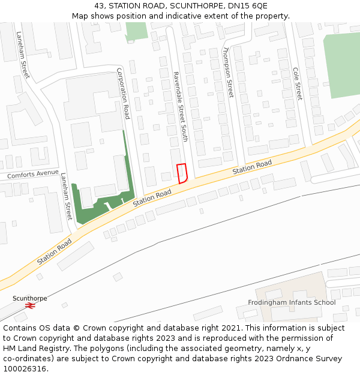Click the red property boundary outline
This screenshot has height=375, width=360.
point(182,173)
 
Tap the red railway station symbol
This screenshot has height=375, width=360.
point(30,305)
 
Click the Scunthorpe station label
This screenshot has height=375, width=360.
point(29,298)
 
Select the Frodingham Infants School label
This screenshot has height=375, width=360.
point(292,302)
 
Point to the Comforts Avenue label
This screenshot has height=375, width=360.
point(32,175)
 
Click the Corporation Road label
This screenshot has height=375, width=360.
point(123,94)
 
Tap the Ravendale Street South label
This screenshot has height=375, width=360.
point(180,107)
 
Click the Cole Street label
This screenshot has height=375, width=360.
point(296,83)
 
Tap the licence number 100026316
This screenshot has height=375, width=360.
point(25,369)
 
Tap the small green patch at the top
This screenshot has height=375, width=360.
point(136,31)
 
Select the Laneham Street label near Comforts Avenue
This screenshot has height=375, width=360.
point(66,196)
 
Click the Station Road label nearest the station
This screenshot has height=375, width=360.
point(55,252)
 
